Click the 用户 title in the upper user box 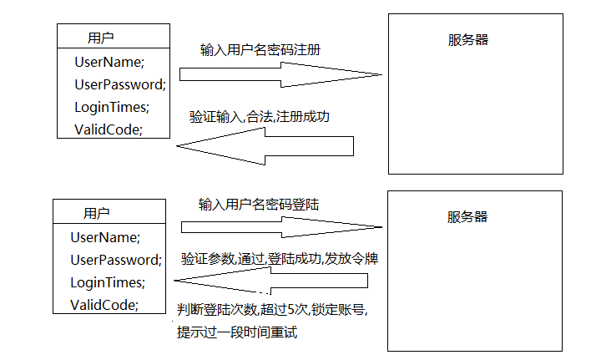pyautogui.click(x=101, y=38)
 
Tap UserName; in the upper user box pyautogui.click(x=109, y=62)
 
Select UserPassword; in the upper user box pyautogui.click(x=120, y=84)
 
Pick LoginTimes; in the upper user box pyautogui.click(x=111, y=107)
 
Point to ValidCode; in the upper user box pyautogui.click(x=109, y=129)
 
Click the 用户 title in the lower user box pyautogui.click(x=97, y=213)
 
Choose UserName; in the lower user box pyautogui.click(x=105, y=237)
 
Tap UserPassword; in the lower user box pyautogui.click(x=115, y=260)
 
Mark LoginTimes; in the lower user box pyautogui.click(x=108, y=282)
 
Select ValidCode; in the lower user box pyautogui.click(x=104, y=304)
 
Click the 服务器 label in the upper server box pyautogui.click(x=468, y=39)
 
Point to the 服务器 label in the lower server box pyautogui.click(x=467, y=216)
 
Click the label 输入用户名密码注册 pyautogui.click(x=260, y=50)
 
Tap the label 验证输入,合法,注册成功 pyautogui.click(x=260, y=117)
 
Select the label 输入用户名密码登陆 pyautogui.click(x=259, y=205)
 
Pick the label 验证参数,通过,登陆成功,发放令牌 pyautogui.click(x=280, y=259)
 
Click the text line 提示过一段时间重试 pyautogui.click(x=237, y=332)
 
